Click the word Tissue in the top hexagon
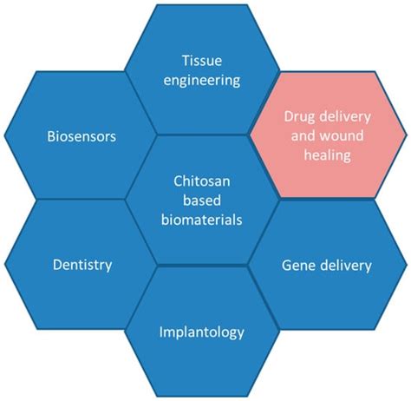pyautogui.click(x=201, y=61)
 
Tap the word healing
pyautogui.click(x=325, y=156)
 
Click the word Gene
pyautogui.click(x=298, y=265)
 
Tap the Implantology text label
pyautogui.click(x=201, y=332)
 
